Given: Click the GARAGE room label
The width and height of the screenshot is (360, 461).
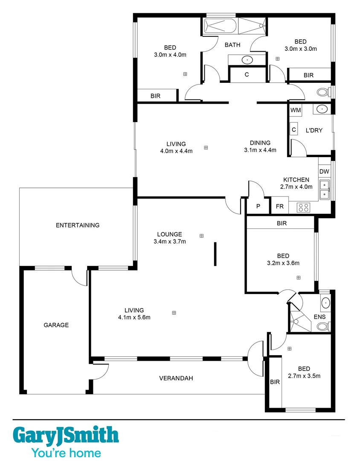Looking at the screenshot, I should pos(56,325).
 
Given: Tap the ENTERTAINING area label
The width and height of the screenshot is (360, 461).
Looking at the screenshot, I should pos(78,225).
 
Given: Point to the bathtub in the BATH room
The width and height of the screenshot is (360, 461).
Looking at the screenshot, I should pos(220,26).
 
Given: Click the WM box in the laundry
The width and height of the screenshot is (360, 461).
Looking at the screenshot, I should pos(296,110).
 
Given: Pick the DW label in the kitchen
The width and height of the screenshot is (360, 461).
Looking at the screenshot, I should pos(324,172).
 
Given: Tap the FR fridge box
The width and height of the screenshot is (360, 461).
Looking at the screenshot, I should pos(280,206).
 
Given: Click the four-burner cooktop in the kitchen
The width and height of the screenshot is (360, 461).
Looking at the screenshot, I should pos(303,207).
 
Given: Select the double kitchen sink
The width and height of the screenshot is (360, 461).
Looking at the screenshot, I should pos(325,191).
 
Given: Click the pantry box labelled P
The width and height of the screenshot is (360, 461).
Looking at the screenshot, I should pos(258,206).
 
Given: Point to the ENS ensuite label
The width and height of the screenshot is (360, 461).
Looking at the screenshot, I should pos(319,317).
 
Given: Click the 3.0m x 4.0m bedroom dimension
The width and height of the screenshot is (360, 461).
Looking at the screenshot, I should pos(170,55).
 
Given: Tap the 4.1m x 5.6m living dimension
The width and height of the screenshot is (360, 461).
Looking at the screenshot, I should pos(134,317).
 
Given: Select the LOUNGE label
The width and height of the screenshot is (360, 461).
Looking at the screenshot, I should pos(169,234).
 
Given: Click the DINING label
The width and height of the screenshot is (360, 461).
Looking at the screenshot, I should pos(260,143).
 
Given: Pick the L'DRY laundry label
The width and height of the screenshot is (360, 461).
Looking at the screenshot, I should pos(314,130).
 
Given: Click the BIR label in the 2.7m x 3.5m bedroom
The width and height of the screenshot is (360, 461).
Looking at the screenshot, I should pos(275,382).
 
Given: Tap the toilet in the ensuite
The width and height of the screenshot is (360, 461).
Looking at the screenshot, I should pos(323,327).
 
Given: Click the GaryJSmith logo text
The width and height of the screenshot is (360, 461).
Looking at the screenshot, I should pos(66,435).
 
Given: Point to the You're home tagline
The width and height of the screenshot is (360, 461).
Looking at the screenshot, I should pos(66,452).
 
